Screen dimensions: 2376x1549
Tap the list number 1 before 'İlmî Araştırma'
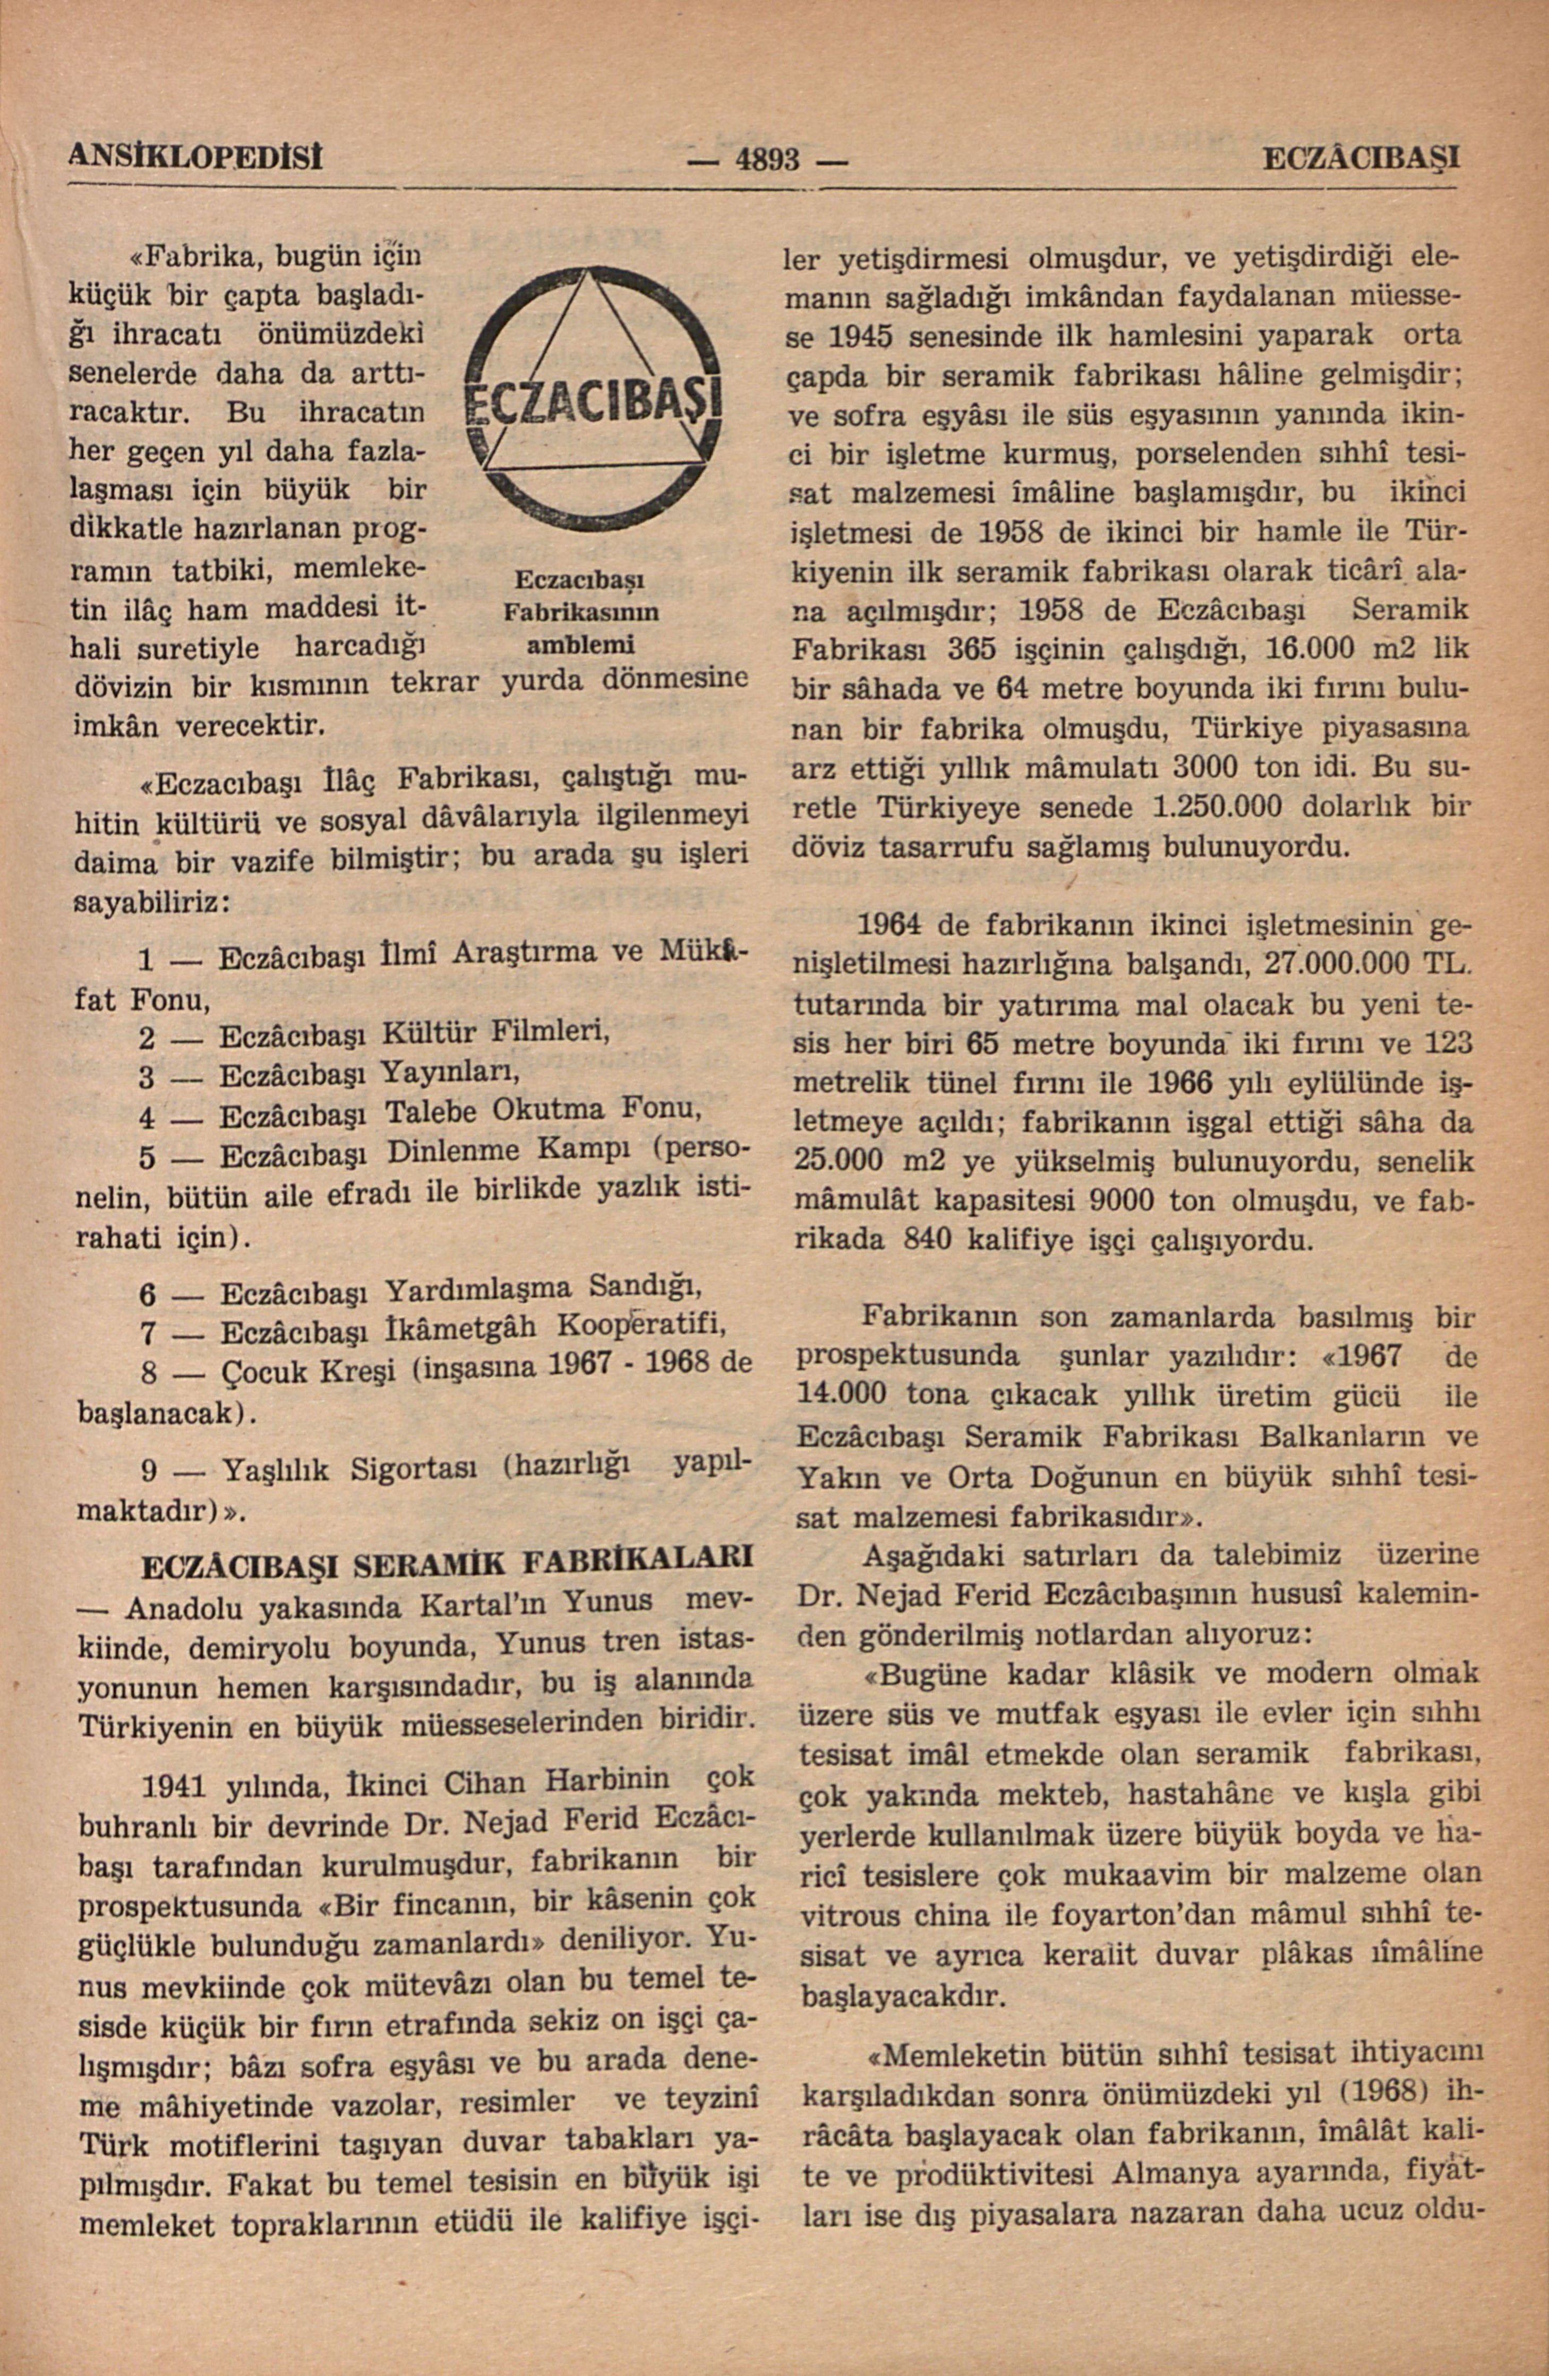tap(146, 960)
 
